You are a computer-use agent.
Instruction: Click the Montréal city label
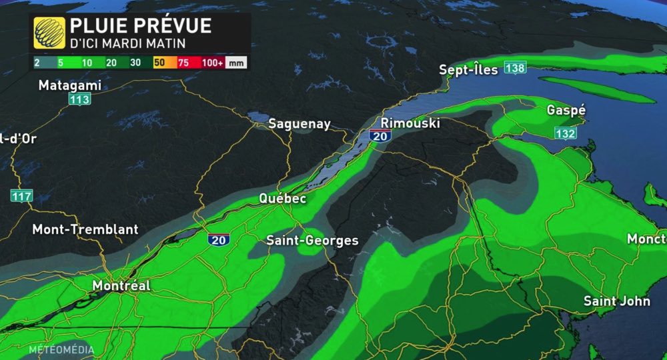pos(121,285)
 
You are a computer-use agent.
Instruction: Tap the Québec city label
pos(283,199)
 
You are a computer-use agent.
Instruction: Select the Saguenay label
pos(299,124)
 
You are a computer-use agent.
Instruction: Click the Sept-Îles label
pos(468,69)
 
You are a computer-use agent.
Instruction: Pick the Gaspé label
pos(566,110)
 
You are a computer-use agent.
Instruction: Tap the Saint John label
pos(617,301)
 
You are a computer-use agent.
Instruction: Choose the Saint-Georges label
pos(312,241)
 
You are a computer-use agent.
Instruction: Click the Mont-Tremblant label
pos(85,229)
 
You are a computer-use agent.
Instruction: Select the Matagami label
pos(70,86)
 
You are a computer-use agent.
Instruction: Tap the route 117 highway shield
pos(21,196)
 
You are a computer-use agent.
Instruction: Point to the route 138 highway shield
pos(515,68)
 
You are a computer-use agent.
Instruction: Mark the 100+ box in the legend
pos(213,63)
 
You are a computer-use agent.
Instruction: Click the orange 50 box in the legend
pos(159,63)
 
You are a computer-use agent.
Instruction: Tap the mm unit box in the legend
pos(237,63)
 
